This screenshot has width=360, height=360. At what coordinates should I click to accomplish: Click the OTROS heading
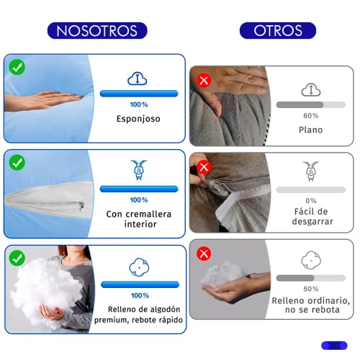click(x=276, y=30)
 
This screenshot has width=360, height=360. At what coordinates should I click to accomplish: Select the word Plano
click(x=310, y=130)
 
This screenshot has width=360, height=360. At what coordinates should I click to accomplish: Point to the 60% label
click(x=310, y=115)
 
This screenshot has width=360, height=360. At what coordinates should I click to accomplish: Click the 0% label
click(x=310, y=200)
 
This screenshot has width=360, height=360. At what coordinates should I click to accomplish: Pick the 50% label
click(x=310, y=288)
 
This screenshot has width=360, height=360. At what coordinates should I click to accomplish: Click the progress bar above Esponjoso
click(x=139, y=93)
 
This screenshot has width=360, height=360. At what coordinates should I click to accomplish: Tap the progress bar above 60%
click(x=310, y=104)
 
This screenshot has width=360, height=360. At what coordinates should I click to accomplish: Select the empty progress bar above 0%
click(x=310, y=189)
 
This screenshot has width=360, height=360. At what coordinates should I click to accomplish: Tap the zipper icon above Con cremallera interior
click(x=140, y=168)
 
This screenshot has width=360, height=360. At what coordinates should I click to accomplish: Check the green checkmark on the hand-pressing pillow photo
click(x=16, y=67)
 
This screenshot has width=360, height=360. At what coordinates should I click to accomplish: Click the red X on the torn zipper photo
click(x=204, y=168)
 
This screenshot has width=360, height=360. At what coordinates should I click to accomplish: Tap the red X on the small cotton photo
click(x=204, y=253)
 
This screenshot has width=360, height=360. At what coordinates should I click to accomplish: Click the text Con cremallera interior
click(x=139, y=219)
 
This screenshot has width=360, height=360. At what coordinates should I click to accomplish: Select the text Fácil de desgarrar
click(x=310, y=217)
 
